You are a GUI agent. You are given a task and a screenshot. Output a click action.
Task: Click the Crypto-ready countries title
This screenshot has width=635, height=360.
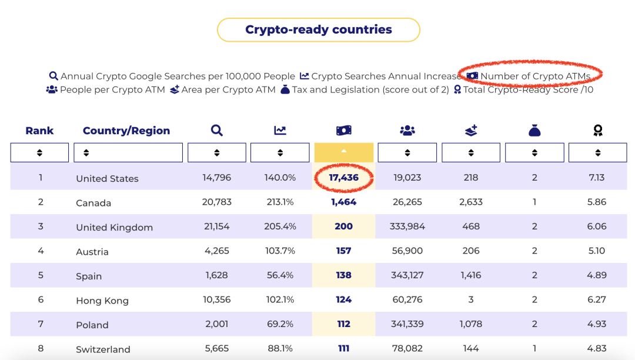point(318,29)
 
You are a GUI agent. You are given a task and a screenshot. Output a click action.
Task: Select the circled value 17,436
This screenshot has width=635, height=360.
point(343,178)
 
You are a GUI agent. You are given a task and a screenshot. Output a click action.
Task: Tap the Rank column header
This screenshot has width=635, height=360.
point(39,131)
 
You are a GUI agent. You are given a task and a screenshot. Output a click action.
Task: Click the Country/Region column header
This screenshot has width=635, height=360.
point(126,131)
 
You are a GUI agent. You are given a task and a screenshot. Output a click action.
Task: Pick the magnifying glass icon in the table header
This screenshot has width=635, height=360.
point(216,131)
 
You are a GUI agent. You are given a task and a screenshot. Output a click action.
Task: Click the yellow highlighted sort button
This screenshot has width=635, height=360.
point(344,152)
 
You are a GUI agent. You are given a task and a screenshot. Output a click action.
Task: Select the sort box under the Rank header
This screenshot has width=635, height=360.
point(39,153)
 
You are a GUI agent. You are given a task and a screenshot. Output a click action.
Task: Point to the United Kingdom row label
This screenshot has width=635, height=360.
point(114,227)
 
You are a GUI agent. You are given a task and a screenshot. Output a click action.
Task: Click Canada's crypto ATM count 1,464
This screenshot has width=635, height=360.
point(343,202)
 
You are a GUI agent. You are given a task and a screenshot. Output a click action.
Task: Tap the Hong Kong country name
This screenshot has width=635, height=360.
point(102,301)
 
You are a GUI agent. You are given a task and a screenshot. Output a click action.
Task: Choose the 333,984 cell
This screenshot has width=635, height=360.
point(407,226)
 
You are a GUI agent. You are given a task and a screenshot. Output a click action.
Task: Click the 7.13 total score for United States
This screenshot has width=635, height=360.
point(597,178)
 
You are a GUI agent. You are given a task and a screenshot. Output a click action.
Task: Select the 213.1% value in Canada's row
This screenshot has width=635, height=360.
point(280,202)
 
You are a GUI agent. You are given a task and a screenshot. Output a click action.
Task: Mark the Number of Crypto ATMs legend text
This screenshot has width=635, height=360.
point(536,76)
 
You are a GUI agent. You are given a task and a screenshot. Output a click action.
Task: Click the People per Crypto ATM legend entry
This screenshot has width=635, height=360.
point(106,89)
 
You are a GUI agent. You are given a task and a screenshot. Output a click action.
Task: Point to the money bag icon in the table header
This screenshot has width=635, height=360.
point(534,131)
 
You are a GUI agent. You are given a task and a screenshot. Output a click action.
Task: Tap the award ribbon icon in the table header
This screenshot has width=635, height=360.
point(598,131)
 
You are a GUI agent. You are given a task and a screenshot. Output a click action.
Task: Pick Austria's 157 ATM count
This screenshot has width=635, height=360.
point(343,251)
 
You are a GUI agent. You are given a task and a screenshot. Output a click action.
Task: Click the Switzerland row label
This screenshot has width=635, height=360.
point(103,349)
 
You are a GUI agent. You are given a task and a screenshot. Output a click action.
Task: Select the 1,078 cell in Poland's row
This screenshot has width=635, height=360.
point(470,324)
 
